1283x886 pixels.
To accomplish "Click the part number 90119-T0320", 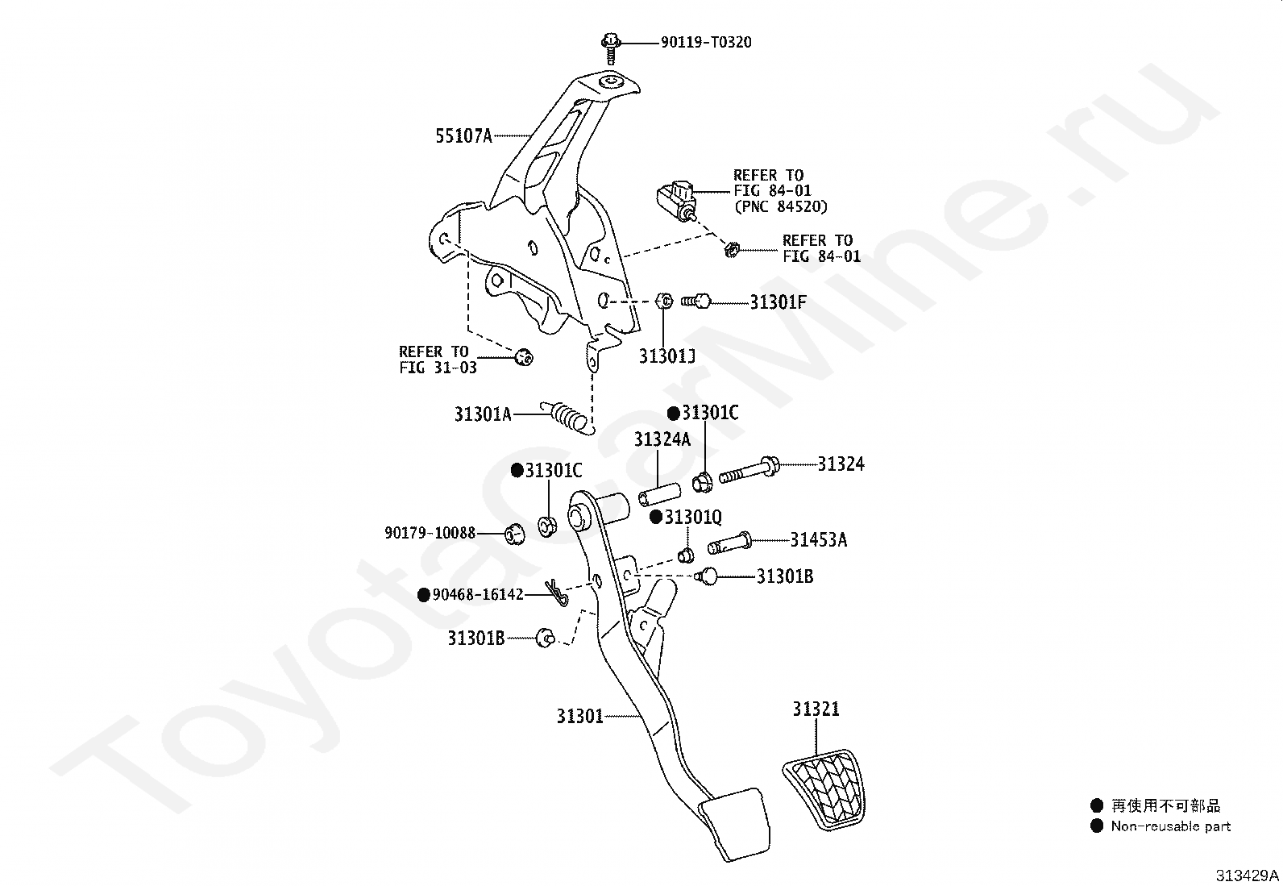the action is point(706,43).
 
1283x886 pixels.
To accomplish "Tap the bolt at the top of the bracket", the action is point(611,48).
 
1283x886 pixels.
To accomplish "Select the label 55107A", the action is point(464,135).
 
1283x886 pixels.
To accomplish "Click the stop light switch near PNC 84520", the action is point(676,201).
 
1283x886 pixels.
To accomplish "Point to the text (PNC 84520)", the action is point(781,206).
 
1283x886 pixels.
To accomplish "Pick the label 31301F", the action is point(779,302).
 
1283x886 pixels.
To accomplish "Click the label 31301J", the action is point(667,356).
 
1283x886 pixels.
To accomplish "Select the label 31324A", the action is point(662,439).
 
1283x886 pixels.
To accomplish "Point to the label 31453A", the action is point(819,540).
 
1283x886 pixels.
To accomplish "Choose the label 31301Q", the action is point(693,517).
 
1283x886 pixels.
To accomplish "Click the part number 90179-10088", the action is point(430,533).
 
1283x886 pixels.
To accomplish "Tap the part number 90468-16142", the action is point(478,595).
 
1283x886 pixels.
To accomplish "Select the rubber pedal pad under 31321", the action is point(824,790).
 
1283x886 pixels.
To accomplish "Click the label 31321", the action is point(816,709).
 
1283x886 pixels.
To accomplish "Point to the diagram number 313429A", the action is point(1248,875).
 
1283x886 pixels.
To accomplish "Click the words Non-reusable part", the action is point(1171,826).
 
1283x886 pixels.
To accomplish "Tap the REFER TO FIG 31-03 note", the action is point(438,360).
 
